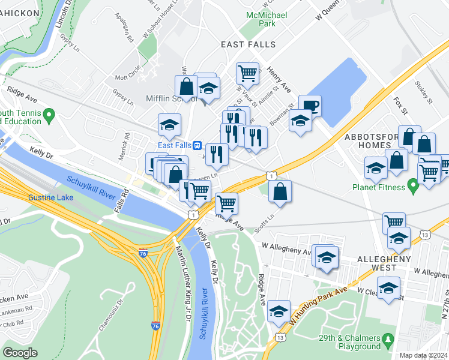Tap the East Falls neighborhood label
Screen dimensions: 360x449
(248, 44)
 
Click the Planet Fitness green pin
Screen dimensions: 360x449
(412, 187)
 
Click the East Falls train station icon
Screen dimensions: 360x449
(196, 145)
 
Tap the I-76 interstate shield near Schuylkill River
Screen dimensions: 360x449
(143, 252)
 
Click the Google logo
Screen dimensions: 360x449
(20, 353)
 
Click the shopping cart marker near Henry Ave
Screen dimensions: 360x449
(247, 74)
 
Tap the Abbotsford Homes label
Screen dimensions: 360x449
(372, 142)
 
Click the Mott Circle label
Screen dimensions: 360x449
(128, 77)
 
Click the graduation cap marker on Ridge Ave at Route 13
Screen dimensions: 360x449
(279, 312)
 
